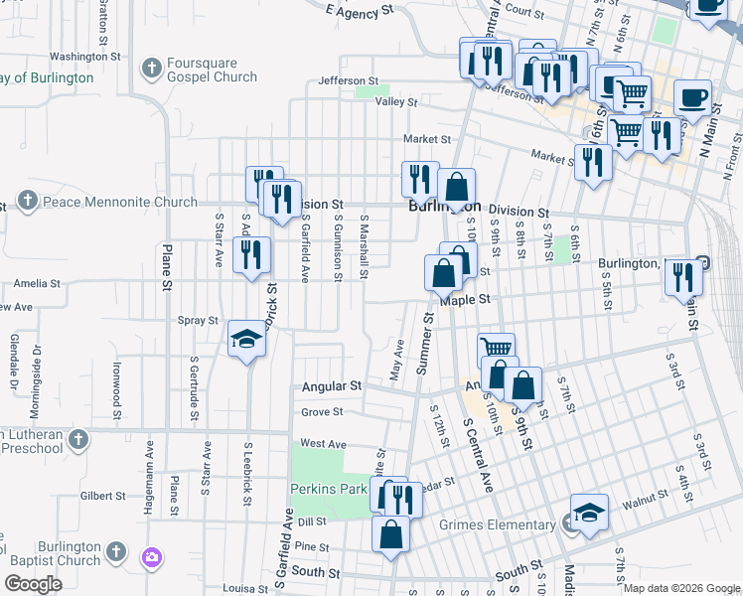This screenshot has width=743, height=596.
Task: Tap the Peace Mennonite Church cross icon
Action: [27, 203]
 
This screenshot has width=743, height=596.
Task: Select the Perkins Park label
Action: [328, 489]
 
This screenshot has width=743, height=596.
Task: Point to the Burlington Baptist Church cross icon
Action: [116, 550]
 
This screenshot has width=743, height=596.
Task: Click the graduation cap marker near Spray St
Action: [246, 341]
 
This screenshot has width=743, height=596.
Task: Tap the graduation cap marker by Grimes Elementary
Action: [590, 513]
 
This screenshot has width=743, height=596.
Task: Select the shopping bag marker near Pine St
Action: [391, 533]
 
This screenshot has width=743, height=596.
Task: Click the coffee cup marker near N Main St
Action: [692, 98]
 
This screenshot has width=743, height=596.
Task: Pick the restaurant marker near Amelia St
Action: [251, 254]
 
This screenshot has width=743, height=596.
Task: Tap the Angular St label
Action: [332, 385]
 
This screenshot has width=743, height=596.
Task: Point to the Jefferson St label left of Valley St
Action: [348, 80]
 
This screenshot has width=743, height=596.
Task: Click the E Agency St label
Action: [360, 12]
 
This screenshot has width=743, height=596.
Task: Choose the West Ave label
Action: [323, 443]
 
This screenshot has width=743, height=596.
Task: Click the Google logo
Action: [33, 584]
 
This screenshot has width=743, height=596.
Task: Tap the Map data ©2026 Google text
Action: [681, 588]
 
